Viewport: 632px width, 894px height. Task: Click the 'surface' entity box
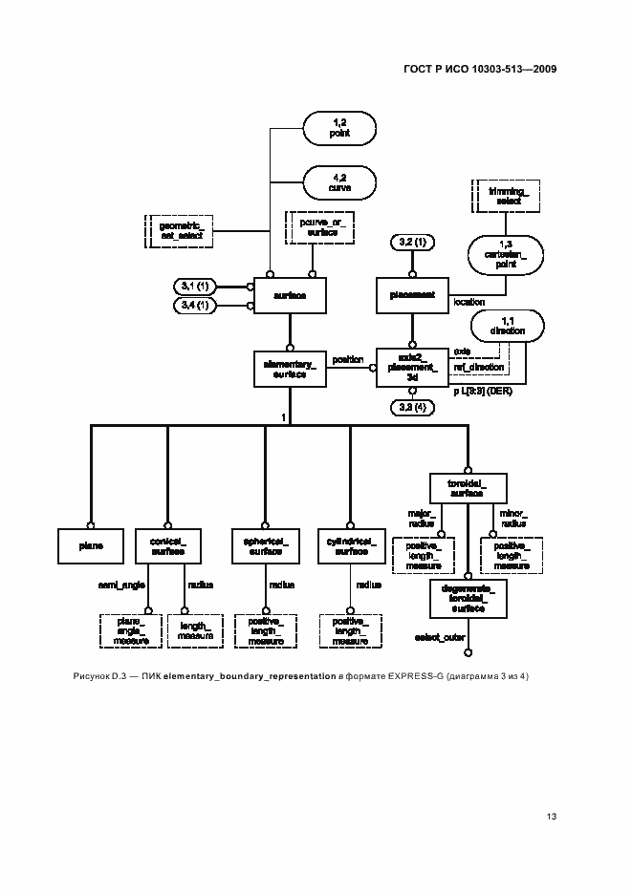click(290, 296)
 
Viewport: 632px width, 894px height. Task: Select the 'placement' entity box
click(413, 296)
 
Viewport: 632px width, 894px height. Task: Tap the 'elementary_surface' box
click(290, 369)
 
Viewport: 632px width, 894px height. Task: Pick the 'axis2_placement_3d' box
click(413, 368)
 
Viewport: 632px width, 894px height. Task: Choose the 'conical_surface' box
click(167, 546)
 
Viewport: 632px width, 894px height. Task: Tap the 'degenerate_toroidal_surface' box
click(468, 598)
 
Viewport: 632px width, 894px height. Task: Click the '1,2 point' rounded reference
click(341, 128)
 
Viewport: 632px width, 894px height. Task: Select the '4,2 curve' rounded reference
click(341, 182)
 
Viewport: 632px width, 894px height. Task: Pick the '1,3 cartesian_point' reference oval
click(507, 256)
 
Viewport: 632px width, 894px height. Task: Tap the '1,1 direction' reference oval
click(507, 325)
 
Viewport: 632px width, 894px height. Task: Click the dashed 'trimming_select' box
click(502, 196)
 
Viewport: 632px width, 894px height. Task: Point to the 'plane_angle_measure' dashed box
click(130, 630)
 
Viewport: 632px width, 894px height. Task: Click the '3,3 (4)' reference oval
click(413, 409)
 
